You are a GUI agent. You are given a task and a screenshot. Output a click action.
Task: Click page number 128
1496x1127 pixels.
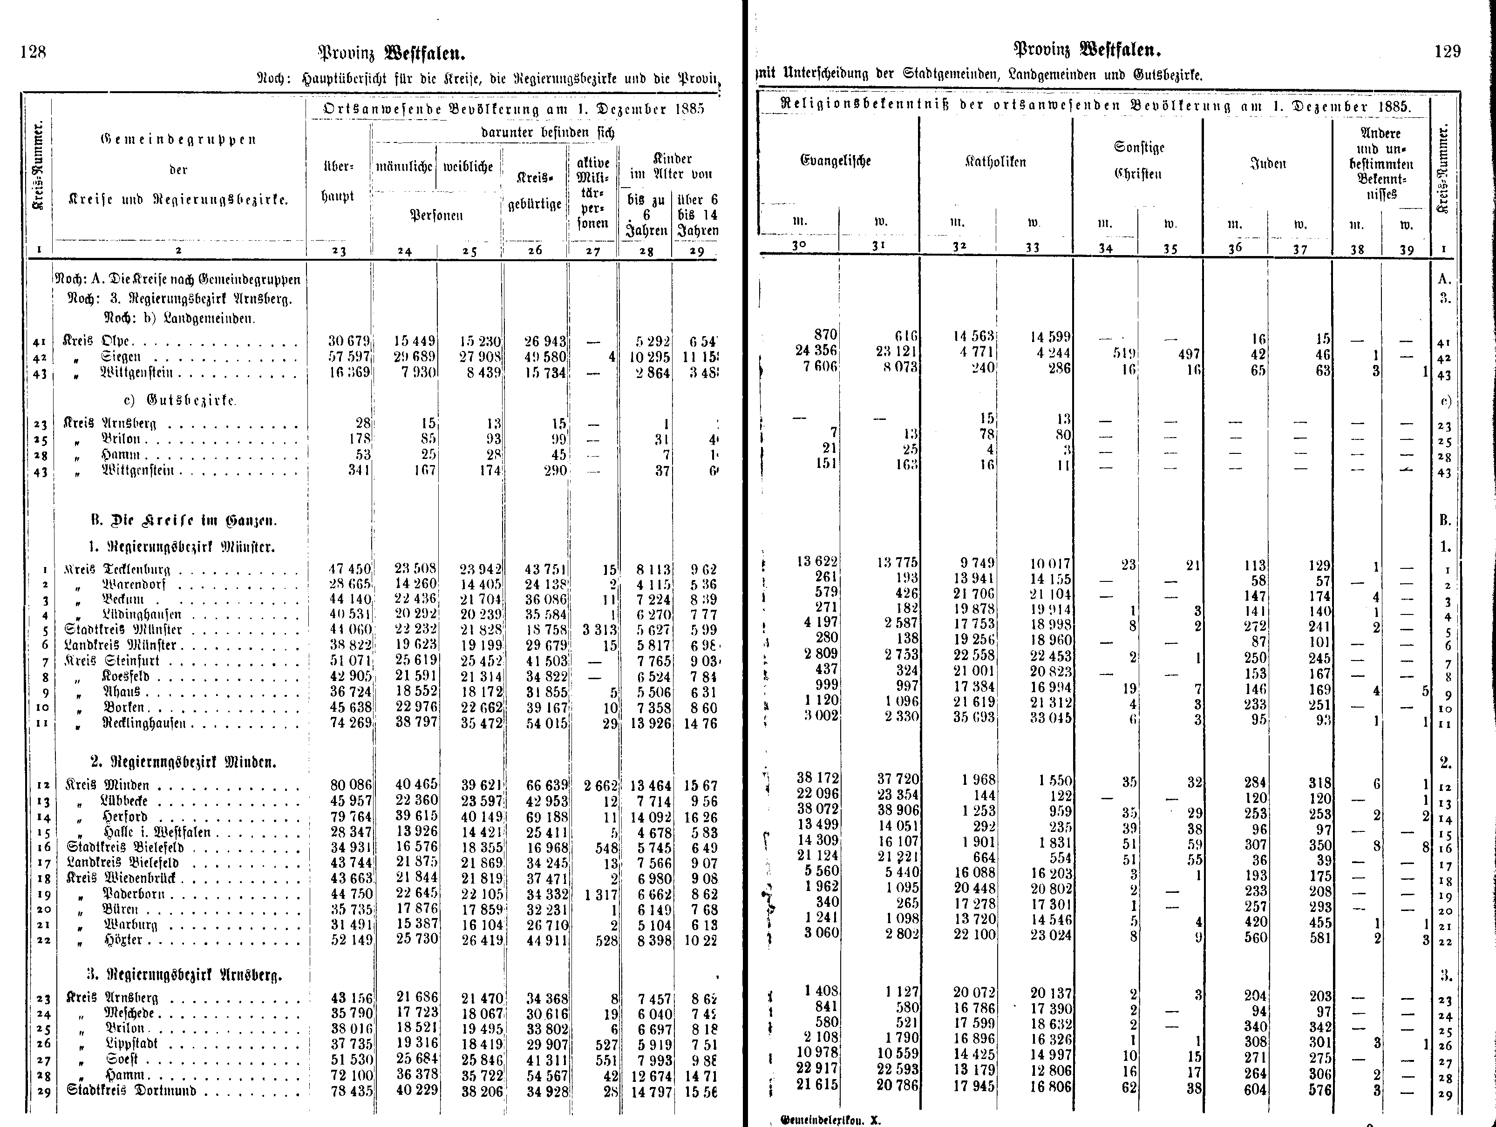coord(33,52)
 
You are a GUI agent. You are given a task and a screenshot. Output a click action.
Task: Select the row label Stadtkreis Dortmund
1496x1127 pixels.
coord(131,1091)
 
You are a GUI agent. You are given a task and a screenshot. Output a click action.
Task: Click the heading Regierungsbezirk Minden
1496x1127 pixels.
coord(184,762)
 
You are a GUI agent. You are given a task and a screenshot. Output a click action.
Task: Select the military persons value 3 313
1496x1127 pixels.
coord(599,630)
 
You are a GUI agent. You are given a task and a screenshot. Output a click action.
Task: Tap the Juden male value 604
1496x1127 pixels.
coord(1255,1089)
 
